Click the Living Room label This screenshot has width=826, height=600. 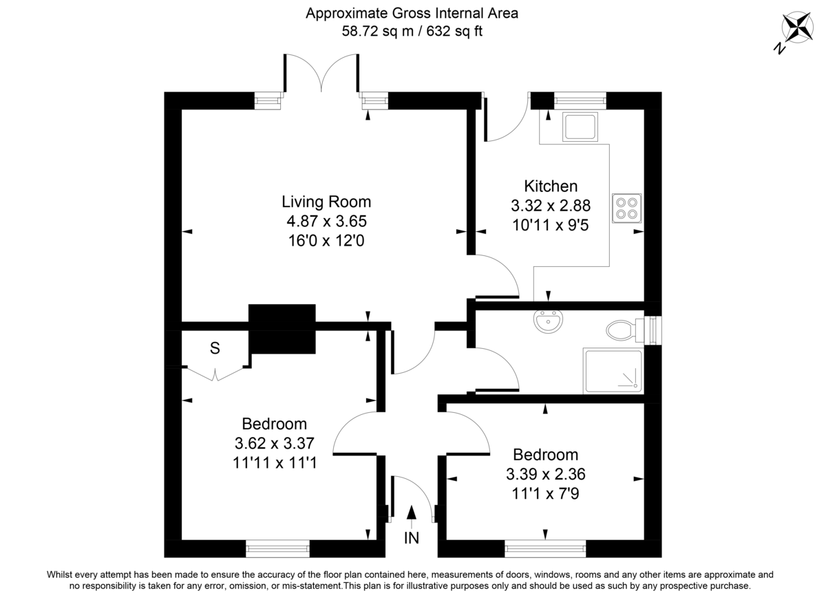[x=326, y=202]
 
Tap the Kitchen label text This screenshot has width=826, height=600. [x=550, y=186]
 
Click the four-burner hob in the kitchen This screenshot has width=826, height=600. [x=626, y=208]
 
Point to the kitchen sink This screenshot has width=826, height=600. [x=580, y=127]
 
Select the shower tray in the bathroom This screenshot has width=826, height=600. [x=613, y=371]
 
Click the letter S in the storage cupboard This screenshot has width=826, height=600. [x=215, y=349]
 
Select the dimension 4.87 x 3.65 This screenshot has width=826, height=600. [x=326, y=222]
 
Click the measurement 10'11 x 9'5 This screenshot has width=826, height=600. [x=550, y=224]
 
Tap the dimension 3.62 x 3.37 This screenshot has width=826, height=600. [x=274, y=443]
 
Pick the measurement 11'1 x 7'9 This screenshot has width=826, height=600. [x=545, y=493]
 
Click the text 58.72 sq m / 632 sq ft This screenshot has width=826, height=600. [x=412, y=31]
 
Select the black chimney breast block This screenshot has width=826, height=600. [x=282, y=328]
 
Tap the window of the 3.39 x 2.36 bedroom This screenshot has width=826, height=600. [x=545, y=548]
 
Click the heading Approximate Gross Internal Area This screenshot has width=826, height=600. [x=412, y=13]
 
